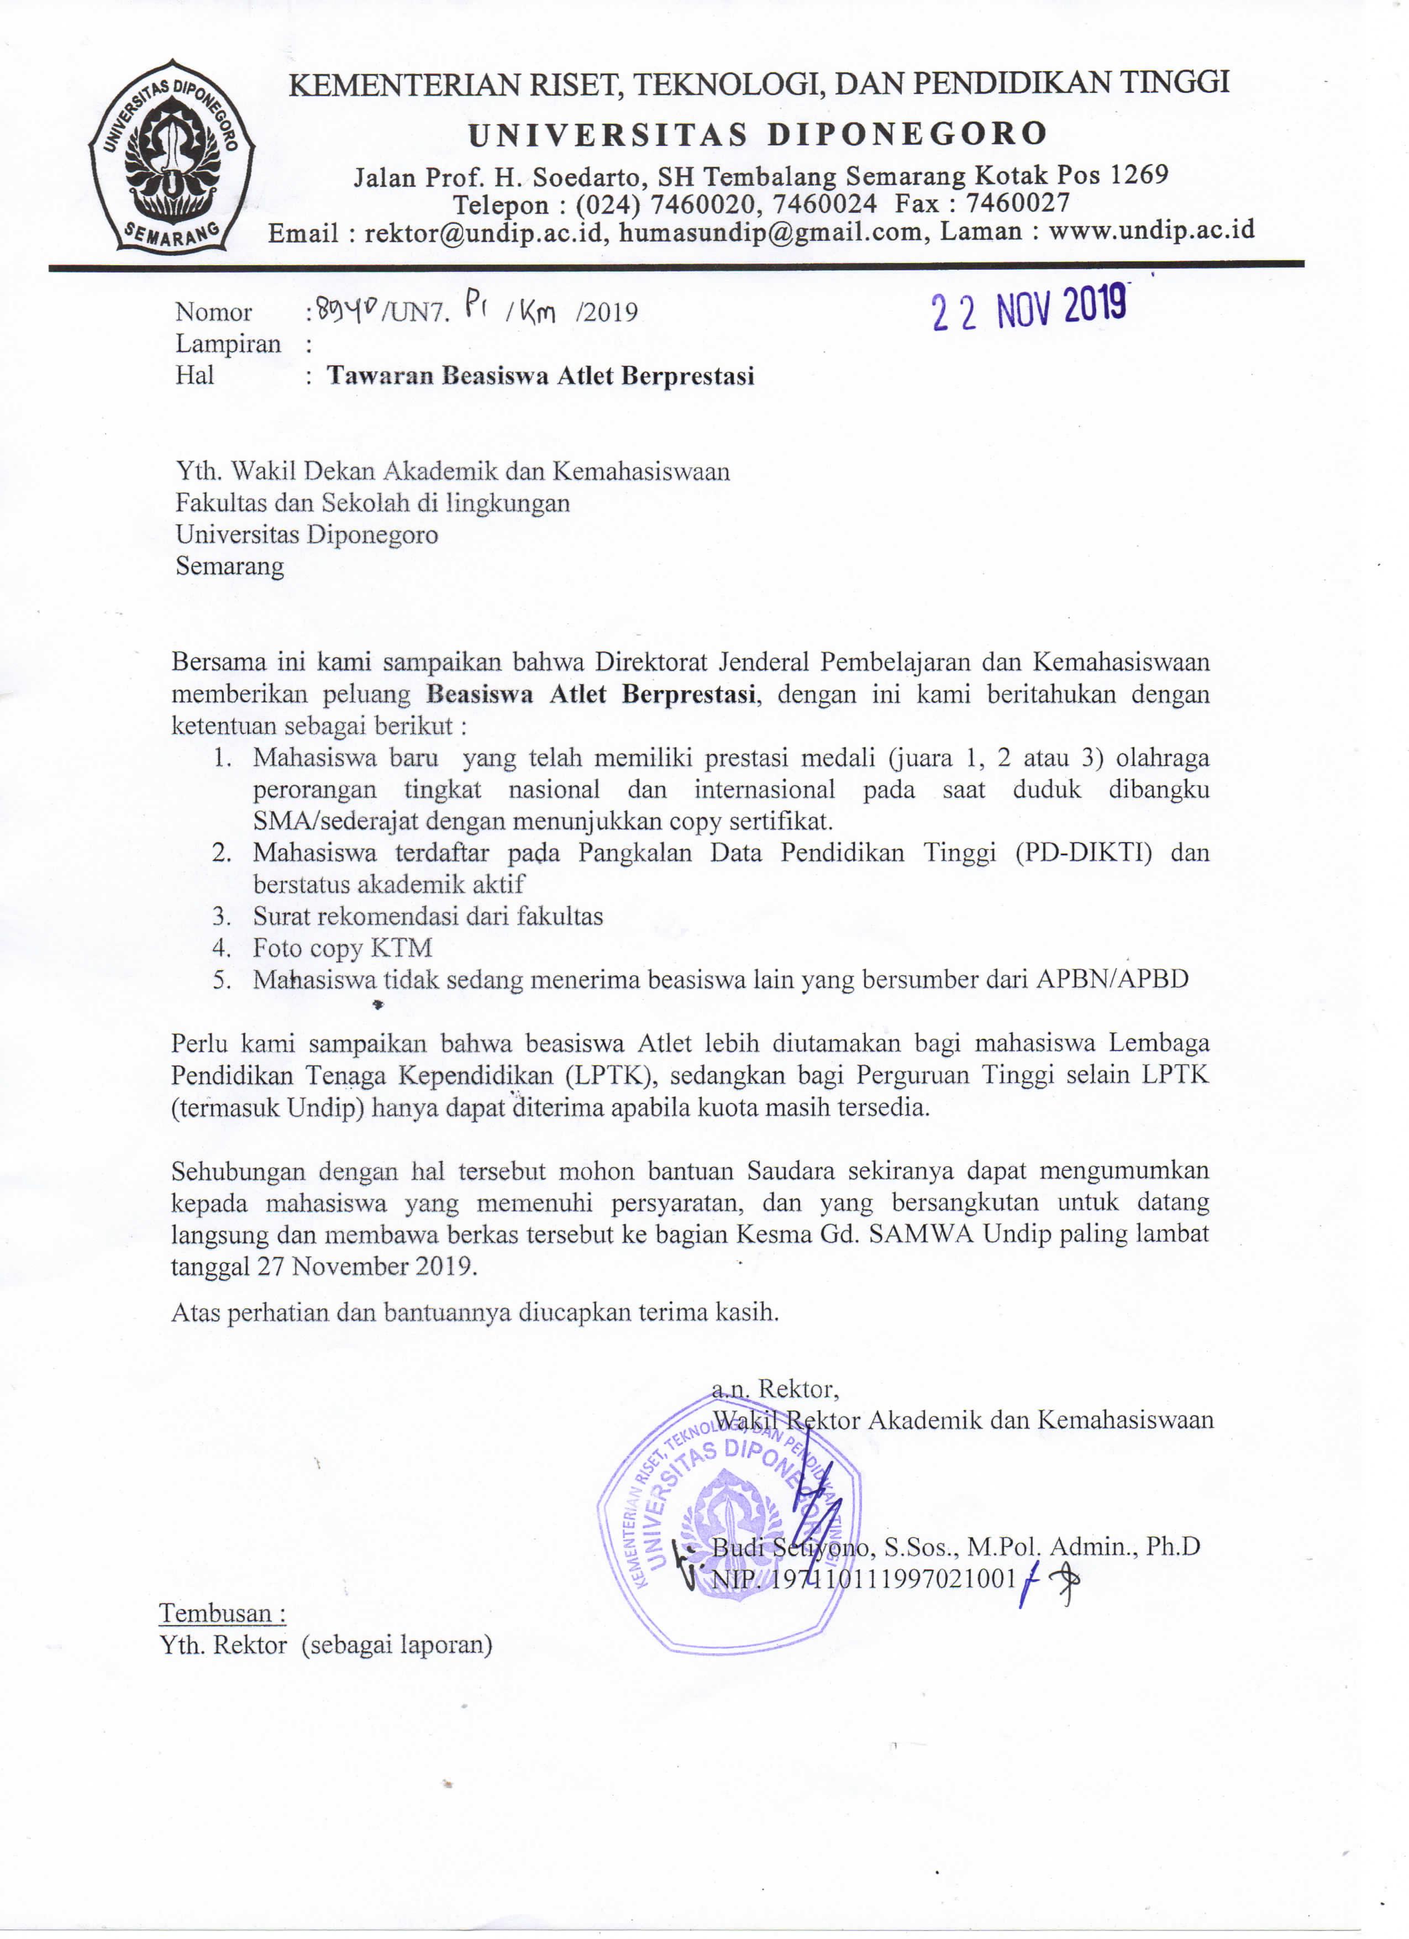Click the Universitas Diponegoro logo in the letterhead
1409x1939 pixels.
click(x=170, y=156)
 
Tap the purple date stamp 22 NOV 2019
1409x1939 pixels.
click(x=1028, y=308)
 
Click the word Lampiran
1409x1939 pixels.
click(x=228, y=344)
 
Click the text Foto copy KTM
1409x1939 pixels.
click(x=342, y=948)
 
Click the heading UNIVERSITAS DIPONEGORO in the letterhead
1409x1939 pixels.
click(x=758, y=134)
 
